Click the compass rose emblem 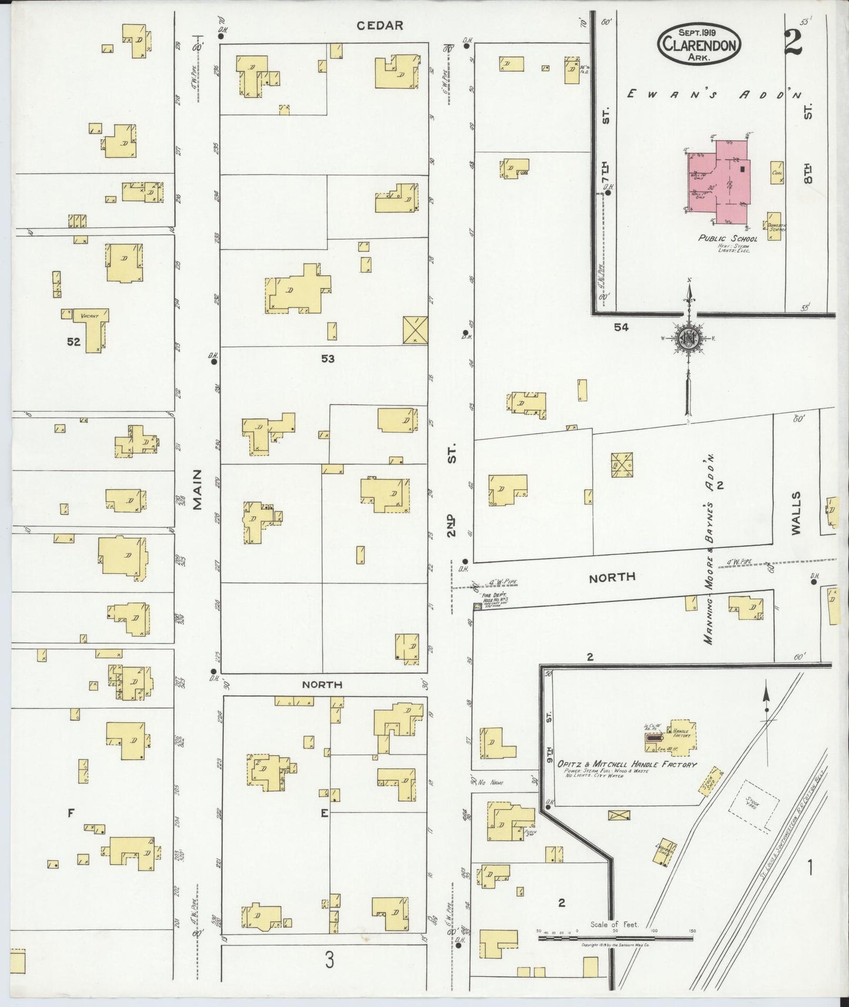tap(688, 338)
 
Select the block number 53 tap(327, 358)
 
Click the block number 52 tap(73, 341)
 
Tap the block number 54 tap(621, 327)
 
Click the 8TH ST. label tap(808, 144)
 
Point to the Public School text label tap(727, 239)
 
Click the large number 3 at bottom tap(330, 961)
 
